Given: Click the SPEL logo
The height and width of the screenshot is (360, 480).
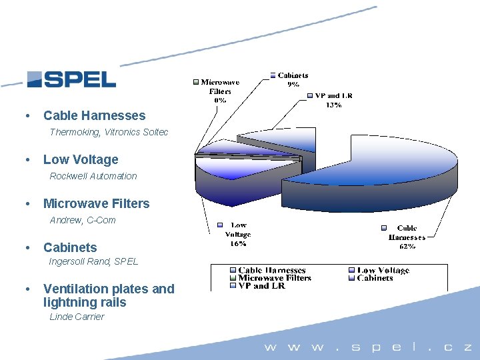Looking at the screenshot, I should pyautogui.click(x=71, y=79).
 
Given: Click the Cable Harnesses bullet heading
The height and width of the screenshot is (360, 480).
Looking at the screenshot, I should pyautogui.click(x=94, y=115).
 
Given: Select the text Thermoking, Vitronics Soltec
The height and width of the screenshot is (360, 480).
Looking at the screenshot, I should pyautogui.click(x=109, y=132).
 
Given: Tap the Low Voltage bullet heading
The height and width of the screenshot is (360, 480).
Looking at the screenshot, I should pyautogui.click(x=81, y=159).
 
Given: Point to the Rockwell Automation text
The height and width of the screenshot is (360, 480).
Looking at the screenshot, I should pyautogui.click(x=93, y=176).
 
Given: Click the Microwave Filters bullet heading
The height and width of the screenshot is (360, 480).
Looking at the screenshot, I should pyautogui.click(x=96, y=203).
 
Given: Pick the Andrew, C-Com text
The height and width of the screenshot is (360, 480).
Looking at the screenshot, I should pyautogui.click(x=83, y=220).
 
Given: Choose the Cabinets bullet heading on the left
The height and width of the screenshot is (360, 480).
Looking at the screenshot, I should pyautogui.click(x=70, y=247).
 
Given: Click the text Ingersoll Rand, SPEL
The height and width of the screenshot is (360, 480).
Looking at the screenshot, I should pyautogui.click(x=94, y=261).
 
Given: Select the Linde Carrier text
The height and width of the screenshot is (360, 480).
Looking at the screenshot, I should pyautogui.click(x=77, y=317).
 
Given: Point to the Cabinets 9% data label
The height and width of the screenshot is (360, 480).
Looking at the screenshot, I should pyautogui.click(x=293, y=80).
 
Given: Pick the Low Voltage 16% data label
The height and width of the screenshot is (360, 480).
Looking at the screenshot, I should pyautogui.click(x=238, y=235).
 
